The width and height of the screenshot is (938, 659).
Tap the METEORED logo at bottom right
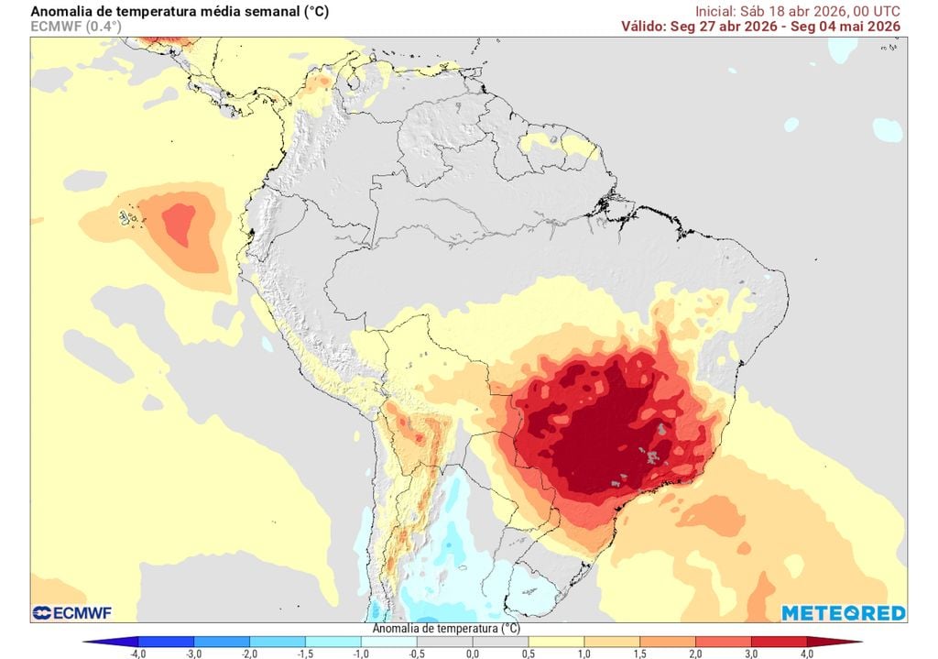(x=843, y=612)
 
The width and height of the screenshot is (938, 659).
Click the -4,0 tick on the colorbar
(x=138, y=654)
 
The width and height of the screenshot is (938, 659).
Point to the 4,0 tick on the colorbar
(x=806, y=654)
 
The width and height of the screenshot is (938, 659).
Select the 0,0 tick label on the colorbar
(x=472, y=654)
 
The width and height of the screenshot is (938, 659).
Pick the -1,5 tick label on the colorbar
(x=305, y=654)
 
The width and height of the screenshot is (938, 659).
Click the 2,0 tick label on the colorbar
(x=694, y=654)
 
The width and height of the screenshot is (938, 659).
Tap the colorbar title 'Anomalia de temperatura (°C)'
(x=446, y=629)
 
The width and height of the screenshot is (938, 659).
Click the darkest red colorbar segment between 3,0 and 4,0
(x=779, y=642)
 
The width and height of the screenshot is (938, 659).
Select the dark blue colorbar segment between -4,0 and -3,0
(x=166, y=642)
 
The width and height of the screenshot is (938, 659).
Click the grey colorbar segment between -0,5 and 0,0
(x=444, y=642)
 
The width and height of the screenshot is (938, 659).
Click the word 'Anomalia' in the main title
(x=61, y=11)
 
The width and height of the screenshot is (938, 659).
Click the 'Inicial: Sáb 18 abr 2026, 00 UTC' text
(x=797, y=11)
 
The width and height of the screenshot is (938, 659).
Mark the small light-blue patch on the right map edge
(x=887, y=129)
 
